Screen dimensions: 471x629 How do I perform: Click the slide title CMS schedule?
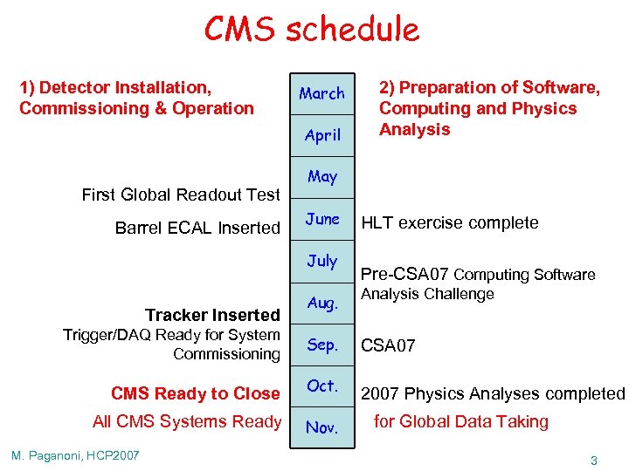point(312,30)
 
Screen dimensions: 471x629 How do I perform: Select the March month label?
point(321,93)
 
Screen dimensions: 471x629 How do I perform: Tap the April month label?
point(321,136)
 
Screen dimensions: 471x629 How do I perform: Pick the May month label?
point(321,177)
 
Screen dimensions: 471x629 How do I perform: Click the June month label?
point(321,219)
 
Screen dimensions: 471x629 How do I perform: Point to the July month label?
point(321,261)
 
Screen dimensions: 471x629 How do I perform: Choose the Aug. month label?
point(321,303)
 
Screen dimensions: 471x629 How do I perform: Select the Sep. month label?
point(321,345)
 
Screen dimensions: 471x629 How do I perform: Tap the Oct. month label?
point(321,386)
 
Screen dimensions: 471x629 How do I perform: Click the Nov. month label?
point(321,427)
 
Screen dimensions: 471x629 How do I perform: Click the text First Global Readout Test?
point(181,195)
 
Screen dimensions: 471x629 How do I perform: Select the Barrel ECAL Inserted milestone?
point(197,228)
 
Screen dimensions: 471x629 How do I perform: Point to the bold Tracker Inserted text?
point(212,315)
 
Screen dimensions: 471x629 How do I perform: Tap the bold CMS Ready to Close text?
point(196,393)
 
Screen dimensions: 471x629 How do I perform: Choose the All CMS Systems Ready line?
point(187,422)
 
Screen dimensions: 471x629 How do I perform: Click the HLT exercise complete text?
point(450,222)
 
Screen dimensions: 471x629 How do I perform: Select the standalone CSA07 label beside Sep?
point(388,346)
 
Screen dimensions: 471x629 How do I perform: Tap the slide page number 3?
point(593,459)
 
